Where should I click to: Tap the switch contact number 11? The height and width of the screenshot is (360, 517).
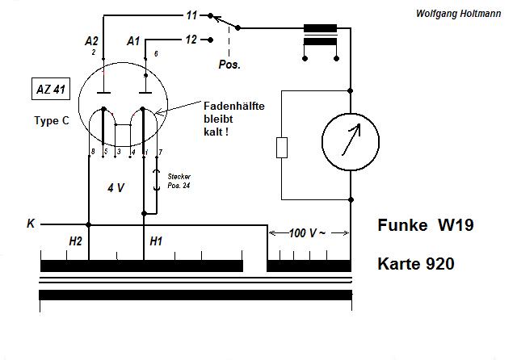coord(191,15)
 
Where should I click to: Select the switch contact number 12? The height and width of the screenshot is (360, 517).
coord(191,39)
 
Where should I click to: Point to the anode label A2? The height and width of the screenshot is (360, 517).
coord(91,40)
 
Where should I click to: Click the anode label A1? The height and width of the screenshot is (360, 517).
coord(134,40)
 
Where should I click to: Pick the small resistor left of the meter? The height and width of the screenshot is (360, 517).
coord(281,148)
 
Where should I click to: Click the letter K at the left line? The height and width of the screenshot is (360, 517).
coord(31,224)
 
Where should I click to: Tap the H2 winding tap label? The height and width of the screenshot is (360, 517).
coord(76,241)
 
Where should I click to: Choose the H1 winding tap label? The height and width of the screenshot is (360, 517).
coord(157,241)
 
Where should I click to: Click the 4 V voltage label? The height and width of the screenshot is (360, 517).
coord(116,188)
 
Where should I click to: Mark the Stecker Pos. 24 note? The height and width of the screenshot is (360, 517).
coord(179,181)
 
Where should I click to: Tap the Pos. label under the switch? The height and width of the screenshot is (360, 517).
coord(229,64)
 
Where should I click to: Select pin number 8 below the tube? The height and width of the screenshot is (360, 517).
coord(93,152)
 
